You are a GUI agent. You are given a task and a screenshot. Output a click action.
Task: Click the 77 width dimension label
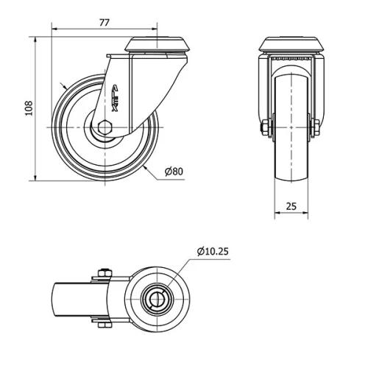point(105,23)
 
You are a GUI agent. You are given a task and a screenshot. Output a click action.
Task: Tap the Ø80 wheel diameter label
point(174,172)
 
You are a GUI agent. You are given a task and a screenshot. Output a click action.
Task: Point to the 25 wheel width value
point(291,206)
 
